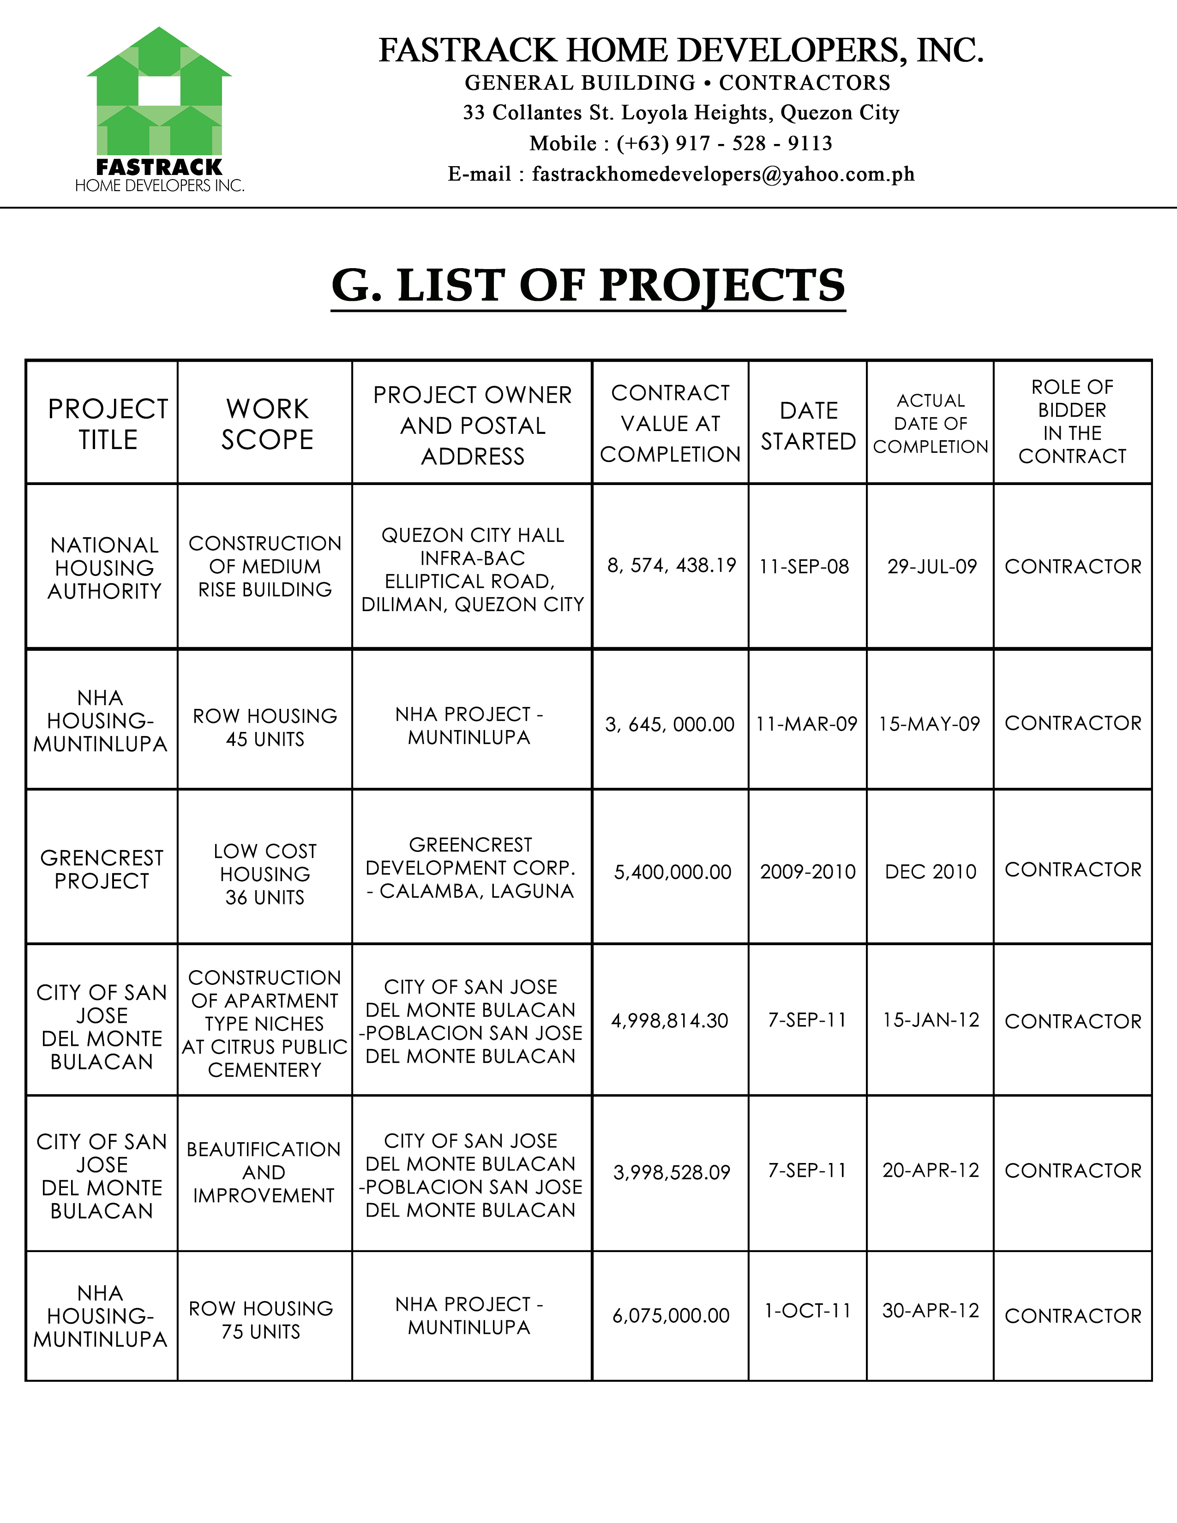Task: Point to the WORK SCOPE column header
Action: click(x=267, y=424)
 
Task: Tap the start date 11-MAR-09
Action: click(x=807, y=724)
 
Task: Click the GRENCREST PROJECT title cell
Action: click(x=102, y=869)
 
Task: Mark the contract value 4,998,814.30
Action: click(x=669, y=1021)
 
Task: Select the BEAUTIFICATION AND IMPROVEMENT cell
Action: click(x=264, y=1172)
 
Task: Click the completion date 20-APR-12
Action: click(x=930, y=1170)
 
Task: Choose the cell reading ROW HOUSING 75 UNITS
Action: click(x=261, y=1320)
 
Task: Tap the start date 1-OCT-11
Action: click(x=807, y=1311)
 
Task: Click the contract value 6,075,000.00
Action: click(x=671, y=1316)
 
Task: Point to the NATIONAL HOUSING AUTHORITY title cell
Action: click(x=105, y=568)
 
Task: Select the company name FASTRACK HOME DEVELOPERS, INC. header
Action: click(x=680, y=51)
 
